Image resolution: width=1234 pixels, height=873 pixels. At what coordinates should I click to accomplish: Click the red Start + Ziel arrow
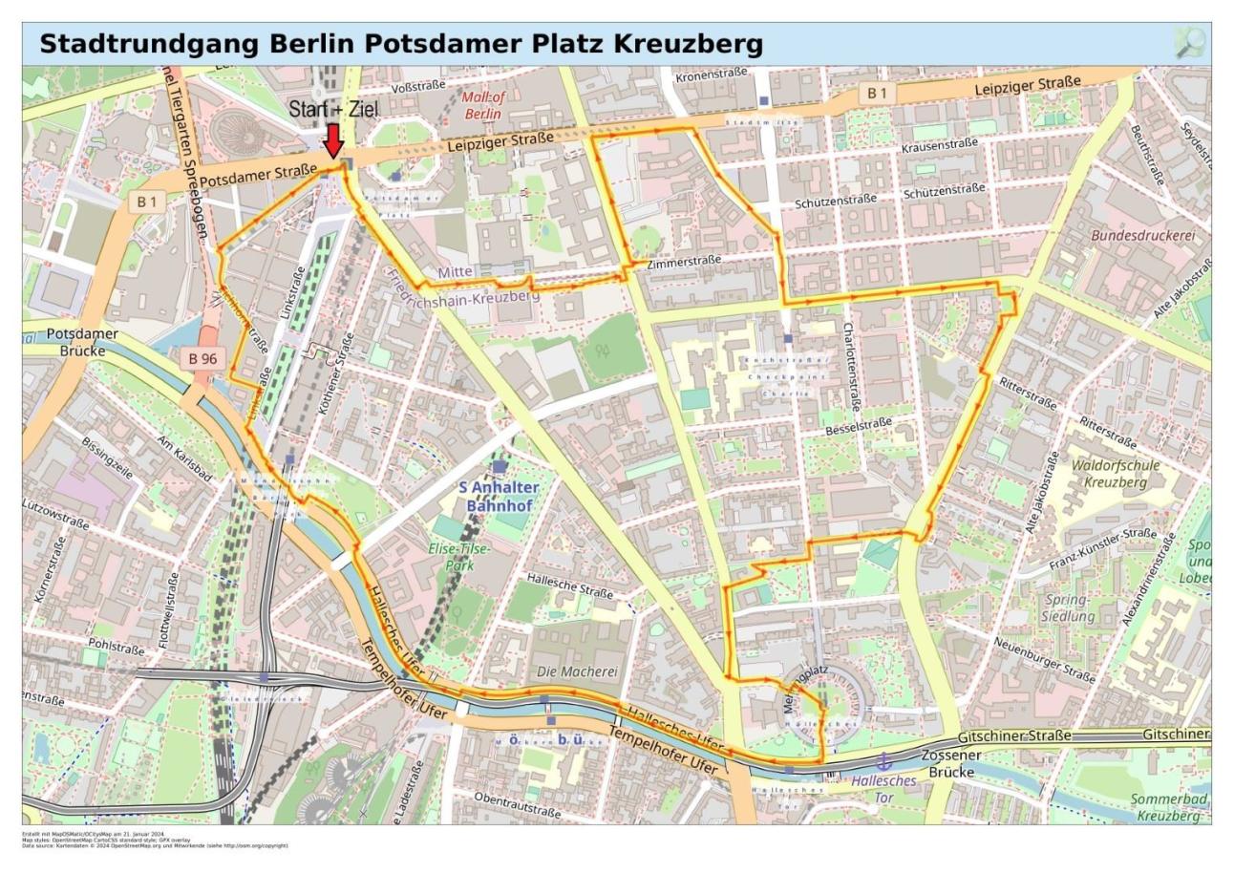(333, 140)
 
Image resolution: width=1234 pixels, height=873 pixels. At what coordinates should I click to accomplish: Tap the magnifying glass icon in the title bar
(1189, 43)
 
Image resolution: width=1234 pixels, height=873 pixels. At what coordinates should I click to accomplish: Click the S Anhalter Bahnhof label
(498, 496)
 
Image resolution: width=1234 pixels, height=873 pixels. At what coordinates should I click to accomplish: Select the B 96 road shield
(202, 358)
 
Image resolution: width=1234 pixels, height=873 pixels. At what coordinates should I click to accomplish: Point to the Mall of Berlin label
(483, 105)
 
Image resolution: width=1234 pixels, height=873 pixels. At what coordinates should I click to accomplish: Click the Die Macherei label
(578, 671)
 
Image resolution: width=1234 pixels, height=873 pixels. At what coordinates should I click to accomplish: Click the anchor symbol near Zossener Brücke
(883, 761)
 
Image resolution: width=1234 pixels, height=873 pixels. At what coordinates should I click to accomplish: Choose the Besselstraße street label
(858, 425)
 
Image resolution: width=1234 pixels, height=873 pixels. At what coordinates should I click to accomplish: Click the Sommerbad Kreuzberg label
(1169, 807)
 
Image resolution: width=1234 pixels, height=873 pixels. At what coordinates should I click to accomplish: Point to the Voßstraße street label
(418, 87)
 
